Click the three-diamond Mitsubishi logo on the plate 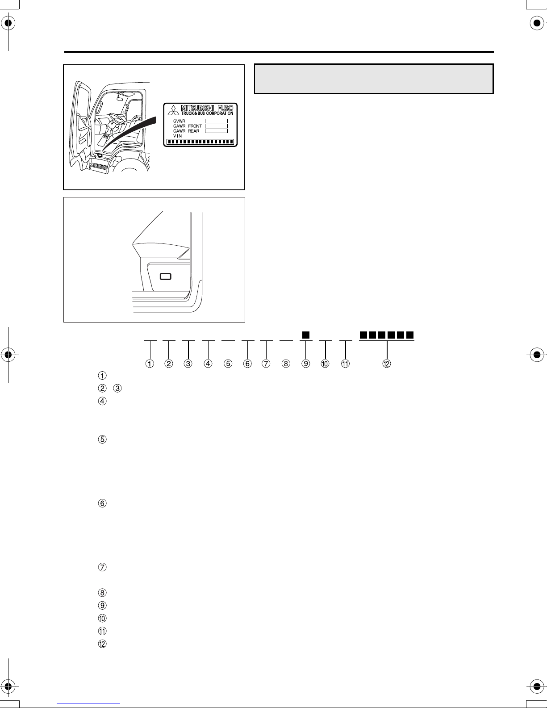173,110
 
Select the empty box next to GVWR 216,121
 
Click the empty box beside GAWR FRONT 216,126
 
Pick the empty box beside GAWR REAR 216,131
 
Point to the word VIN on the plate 177,136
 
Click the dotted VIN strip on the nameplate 200,142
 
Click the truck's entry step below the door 99,168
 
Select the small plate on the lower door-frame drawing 165,276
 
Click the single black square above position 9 306,335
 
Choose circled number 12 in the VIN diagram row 387,364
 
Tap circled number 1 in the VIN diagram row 150,364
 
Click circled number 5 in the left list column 102,439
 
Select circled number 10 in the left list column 102,618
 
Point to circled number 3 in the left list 117,388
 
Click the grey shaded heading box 374,79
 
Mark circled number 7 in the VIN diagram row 266,364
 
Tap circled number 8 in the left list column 102,592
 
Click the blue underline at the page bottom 88,703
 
